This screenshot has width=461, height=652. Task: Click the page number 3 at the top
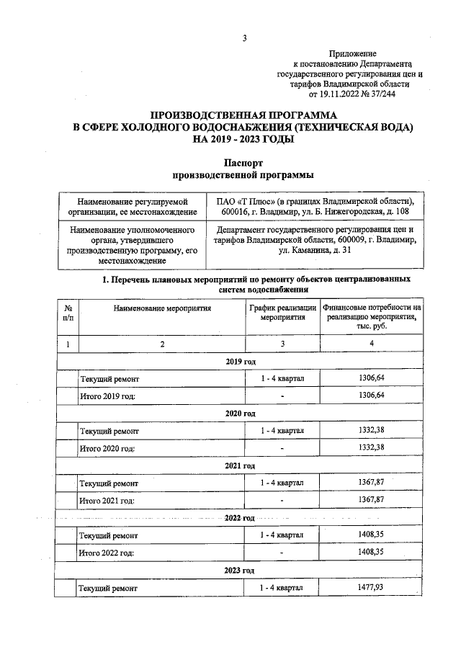tap(244, 38)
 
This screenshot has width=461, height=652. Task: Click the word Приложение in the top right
tap(352, 54)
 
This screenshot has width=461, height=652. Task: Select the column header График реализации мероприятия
tap(282, 311)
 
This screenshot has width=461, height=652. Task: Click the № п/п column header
tap(68, 311)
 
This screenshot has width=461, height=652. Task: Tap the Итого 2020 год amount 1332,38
tap(371, 448)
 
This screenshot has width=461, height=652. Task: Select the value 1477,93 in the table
tap(371, 589)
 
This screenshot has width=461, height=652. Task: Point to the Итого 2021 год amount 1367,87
tap(371, 501)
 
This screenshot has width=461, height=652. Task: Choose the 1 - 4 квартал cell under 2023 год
tap(282, 589)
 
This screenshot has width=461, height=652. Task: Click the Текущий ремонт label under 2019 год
tap(109, 378)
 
